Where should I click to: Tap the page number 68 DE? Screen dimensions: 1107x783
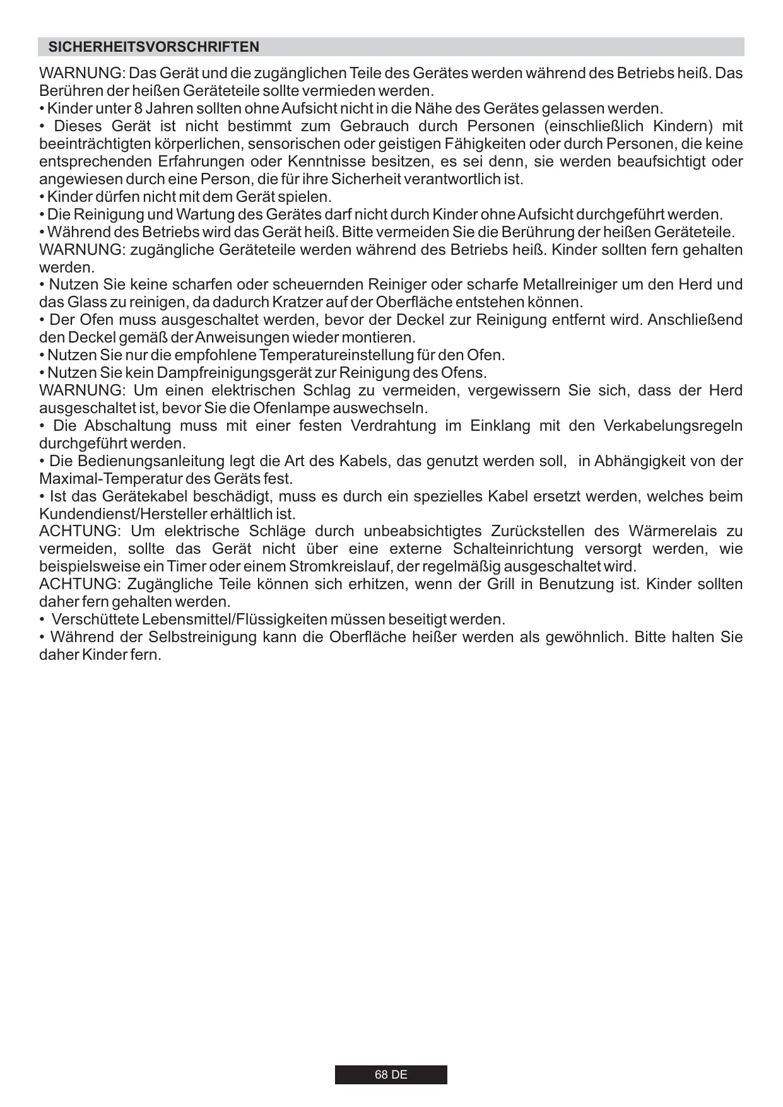391,1075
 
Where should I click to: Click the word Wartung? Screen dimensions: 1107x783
206,214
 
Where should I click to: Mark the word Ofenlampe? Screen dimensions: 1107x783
288,408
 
